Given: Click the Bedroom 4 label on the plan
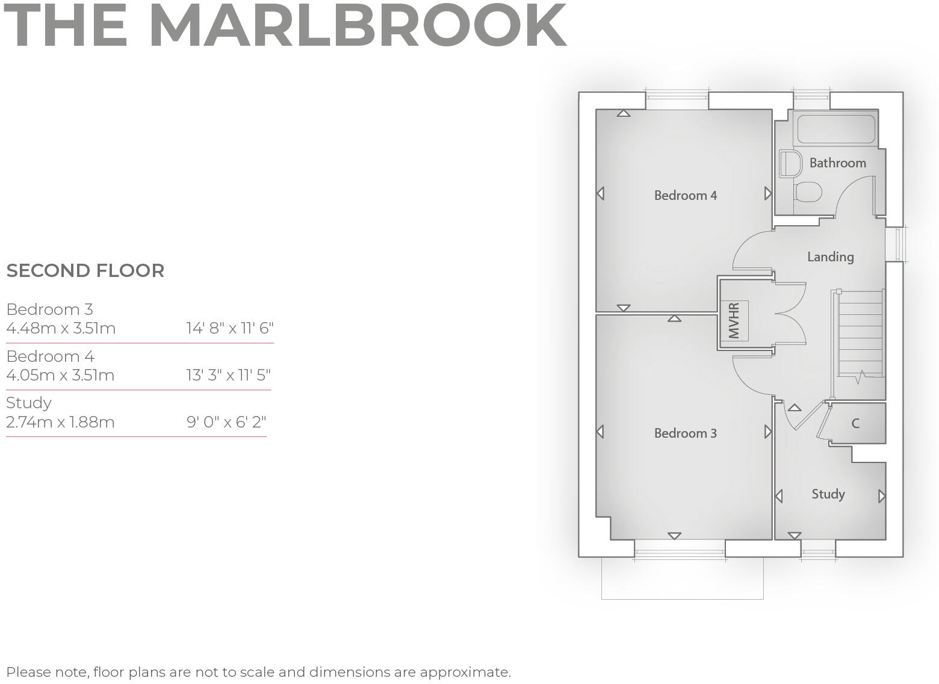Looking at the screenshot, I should point(685,196).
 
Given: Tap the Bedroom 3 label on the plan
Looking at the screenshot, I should point(685,434).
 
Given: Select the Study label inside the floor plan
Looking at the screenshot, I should point(828,494).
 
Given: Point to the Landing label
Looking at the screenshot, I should point(830,257).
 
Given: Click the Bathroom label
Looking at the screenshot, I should point(837,163).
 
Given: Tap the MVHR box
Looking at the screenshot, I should point(734,320).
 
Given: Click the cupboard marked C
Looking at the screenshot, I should point(855,423).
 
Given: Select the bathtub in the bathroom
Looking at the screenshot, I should point(835,129).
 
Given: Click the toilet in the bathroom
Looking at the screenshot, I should point(808,193).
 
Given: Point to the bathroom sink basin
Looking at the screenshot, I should point(790,164).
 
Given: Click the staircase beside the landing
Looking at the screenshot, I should point(860,334).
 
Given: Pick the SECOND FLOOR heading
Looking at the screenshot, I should point(85,271).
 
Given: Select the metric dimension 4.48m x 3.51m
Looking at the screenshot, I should point(61,329).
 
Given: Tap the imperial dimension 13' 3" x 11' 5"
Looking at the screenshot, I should point(228,375).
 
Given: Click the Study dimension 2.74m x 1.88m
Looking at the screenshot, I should point(60,422).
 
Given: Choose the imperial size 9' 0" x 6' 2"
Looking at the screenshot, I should point(226,422).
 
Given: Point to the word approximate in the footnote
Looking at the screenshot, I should point(464,672).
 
